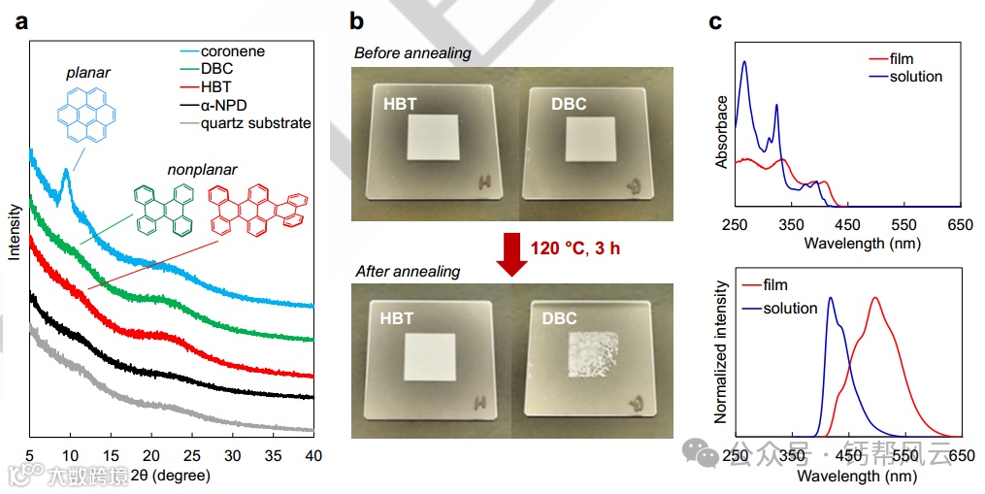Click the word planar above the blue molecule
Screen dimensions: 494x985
click(x=88, y=73)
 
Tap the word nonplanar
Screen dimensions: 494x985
click(x=201, y=170)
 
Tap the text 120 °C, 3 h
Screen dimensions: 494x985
click(x=575, y=248)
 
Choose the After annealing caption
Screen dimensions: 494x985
click(x=406, y=272)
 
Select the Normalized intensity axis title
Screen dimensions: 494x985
click(x=721, y=352)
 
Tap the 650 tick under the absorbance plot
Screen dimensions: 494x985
click(x=960, y=224)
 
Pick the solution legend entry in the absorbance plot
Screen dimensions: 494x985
click(x=914, y=77)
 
